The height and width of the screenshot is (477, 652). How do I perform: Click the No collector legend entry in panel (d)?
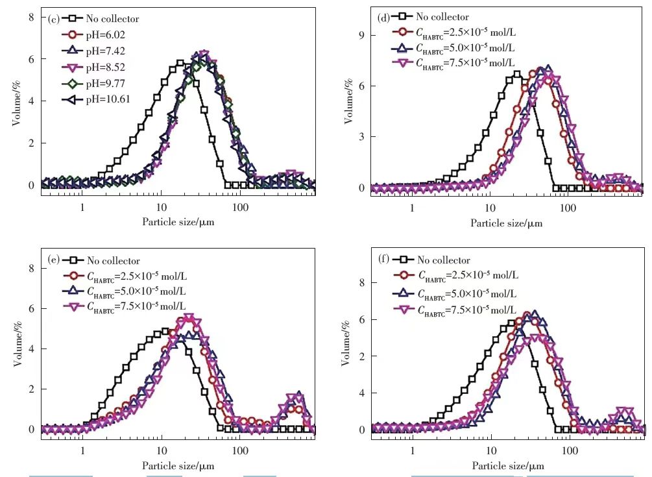[x=441, y=17]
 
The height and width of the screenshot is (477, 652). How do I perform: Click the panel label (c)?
[x=54, y=18]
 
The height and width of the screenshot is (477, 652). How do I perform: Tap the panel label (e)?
[x=54, y=260]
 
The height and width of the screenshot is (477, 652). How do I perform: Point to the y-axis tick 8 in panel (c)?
[x=30, y=16]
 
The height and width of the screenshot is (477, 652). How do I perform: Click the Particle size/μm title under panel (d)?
[x=507, y=223]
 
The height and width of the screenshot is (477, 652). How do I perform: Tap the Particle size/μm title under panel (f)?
[x=507, y=466]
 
